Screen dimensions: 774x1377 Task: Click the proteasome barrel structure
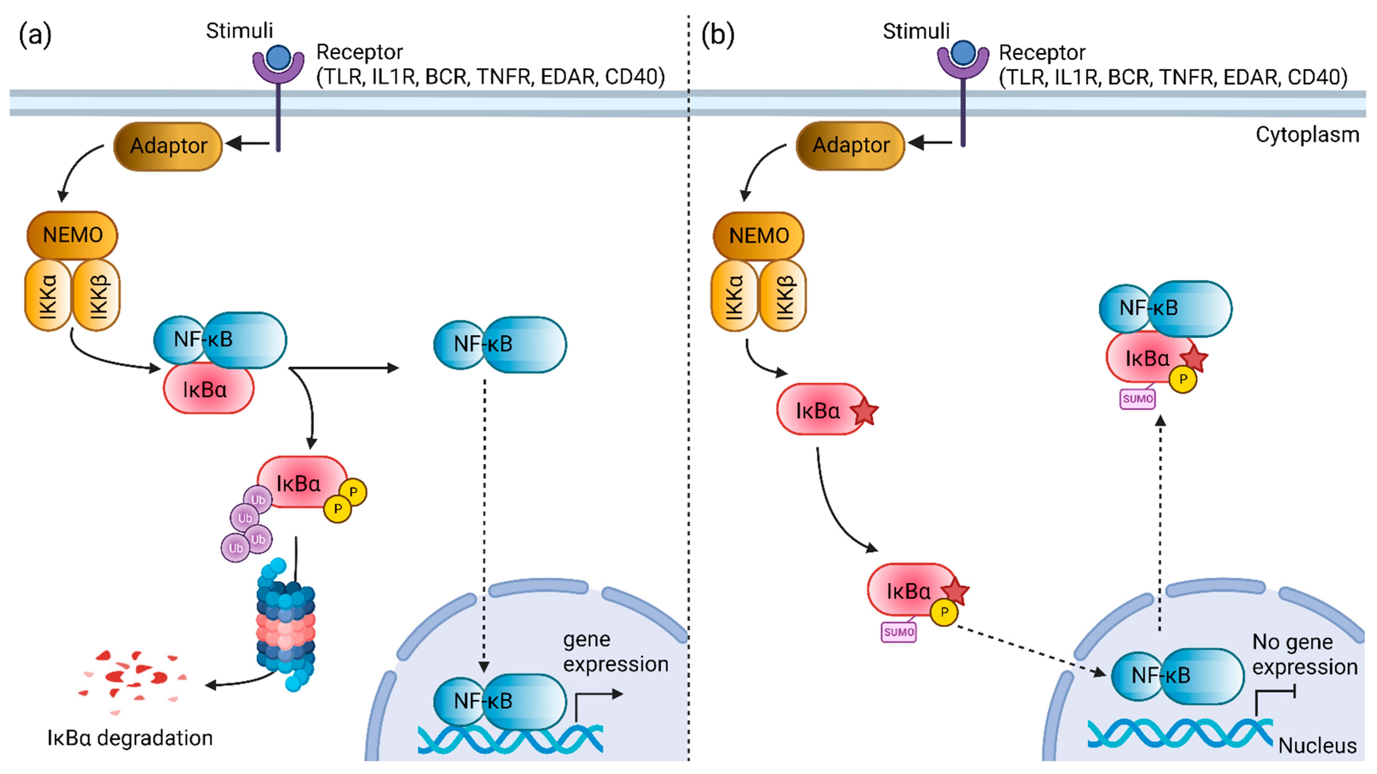[286, 625]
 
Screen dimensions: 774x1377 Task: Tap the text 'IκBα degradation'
[130, 738]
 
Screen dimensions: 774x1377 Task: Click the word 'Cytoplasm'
[1307, 135]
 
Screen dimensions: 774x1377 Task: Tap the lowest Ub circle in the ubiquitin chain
[235, 548]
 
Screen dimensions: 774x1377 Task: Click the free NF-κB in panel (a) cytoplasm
[500, 345]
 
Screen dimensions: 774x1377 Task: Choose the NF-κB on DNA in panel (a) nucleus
[500, 701]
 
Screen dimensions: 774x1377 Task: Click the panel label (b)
[717, 35]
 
